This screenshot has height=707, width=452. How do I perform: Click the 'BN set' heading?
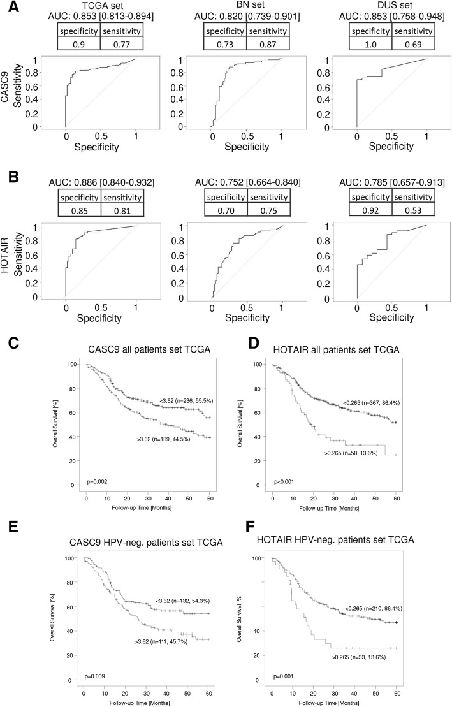[244, 6]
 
